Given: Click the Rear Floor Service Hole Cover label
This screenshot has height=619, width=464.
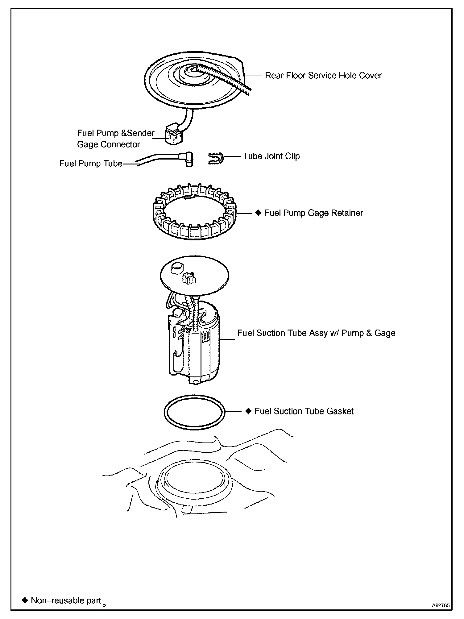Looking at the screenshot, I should [323, 76].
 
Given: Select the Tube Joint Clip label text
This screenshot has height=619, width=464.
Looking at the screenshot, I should [271, 156].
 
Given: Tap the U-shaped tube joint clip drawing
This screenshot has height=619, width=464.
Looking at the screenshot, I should [216, 159].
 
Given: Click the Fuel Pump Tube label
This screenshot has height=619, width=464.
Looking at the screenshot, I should [91, 164].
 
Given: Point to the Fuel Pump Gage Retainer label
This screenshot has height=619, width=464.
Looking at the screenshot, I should [313, 213].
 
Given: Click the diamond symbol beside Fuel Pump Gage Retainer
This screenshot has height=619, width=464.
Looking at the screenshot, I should [259, 213].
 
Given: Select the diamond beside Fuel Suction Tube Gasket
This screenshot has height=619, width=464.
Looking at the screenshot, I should [249, 411].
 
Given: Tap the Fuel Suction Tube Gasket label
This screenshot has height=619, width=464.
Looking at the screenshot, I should [304, 411].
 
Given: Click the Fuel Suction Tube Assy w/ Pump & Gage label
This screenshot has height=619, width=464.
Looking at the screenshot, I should [316, 333].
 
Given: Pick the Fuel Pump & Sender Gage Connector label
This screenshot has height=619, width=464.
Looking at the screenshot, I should [115, 139].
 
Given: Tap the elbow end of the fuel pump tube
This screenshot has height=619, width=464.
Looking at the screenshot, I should [189, 159].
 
